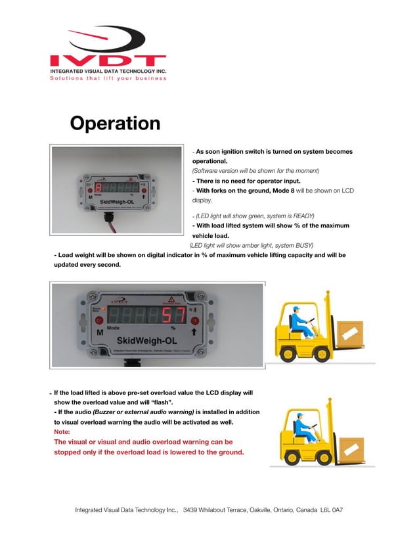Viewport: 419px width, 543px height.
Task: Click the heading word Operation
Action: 115,124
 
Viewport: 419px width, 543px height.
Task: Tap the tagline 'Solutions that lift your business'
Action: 108,79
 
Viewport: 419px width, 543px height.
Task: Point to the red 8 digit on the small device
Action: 97,187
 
